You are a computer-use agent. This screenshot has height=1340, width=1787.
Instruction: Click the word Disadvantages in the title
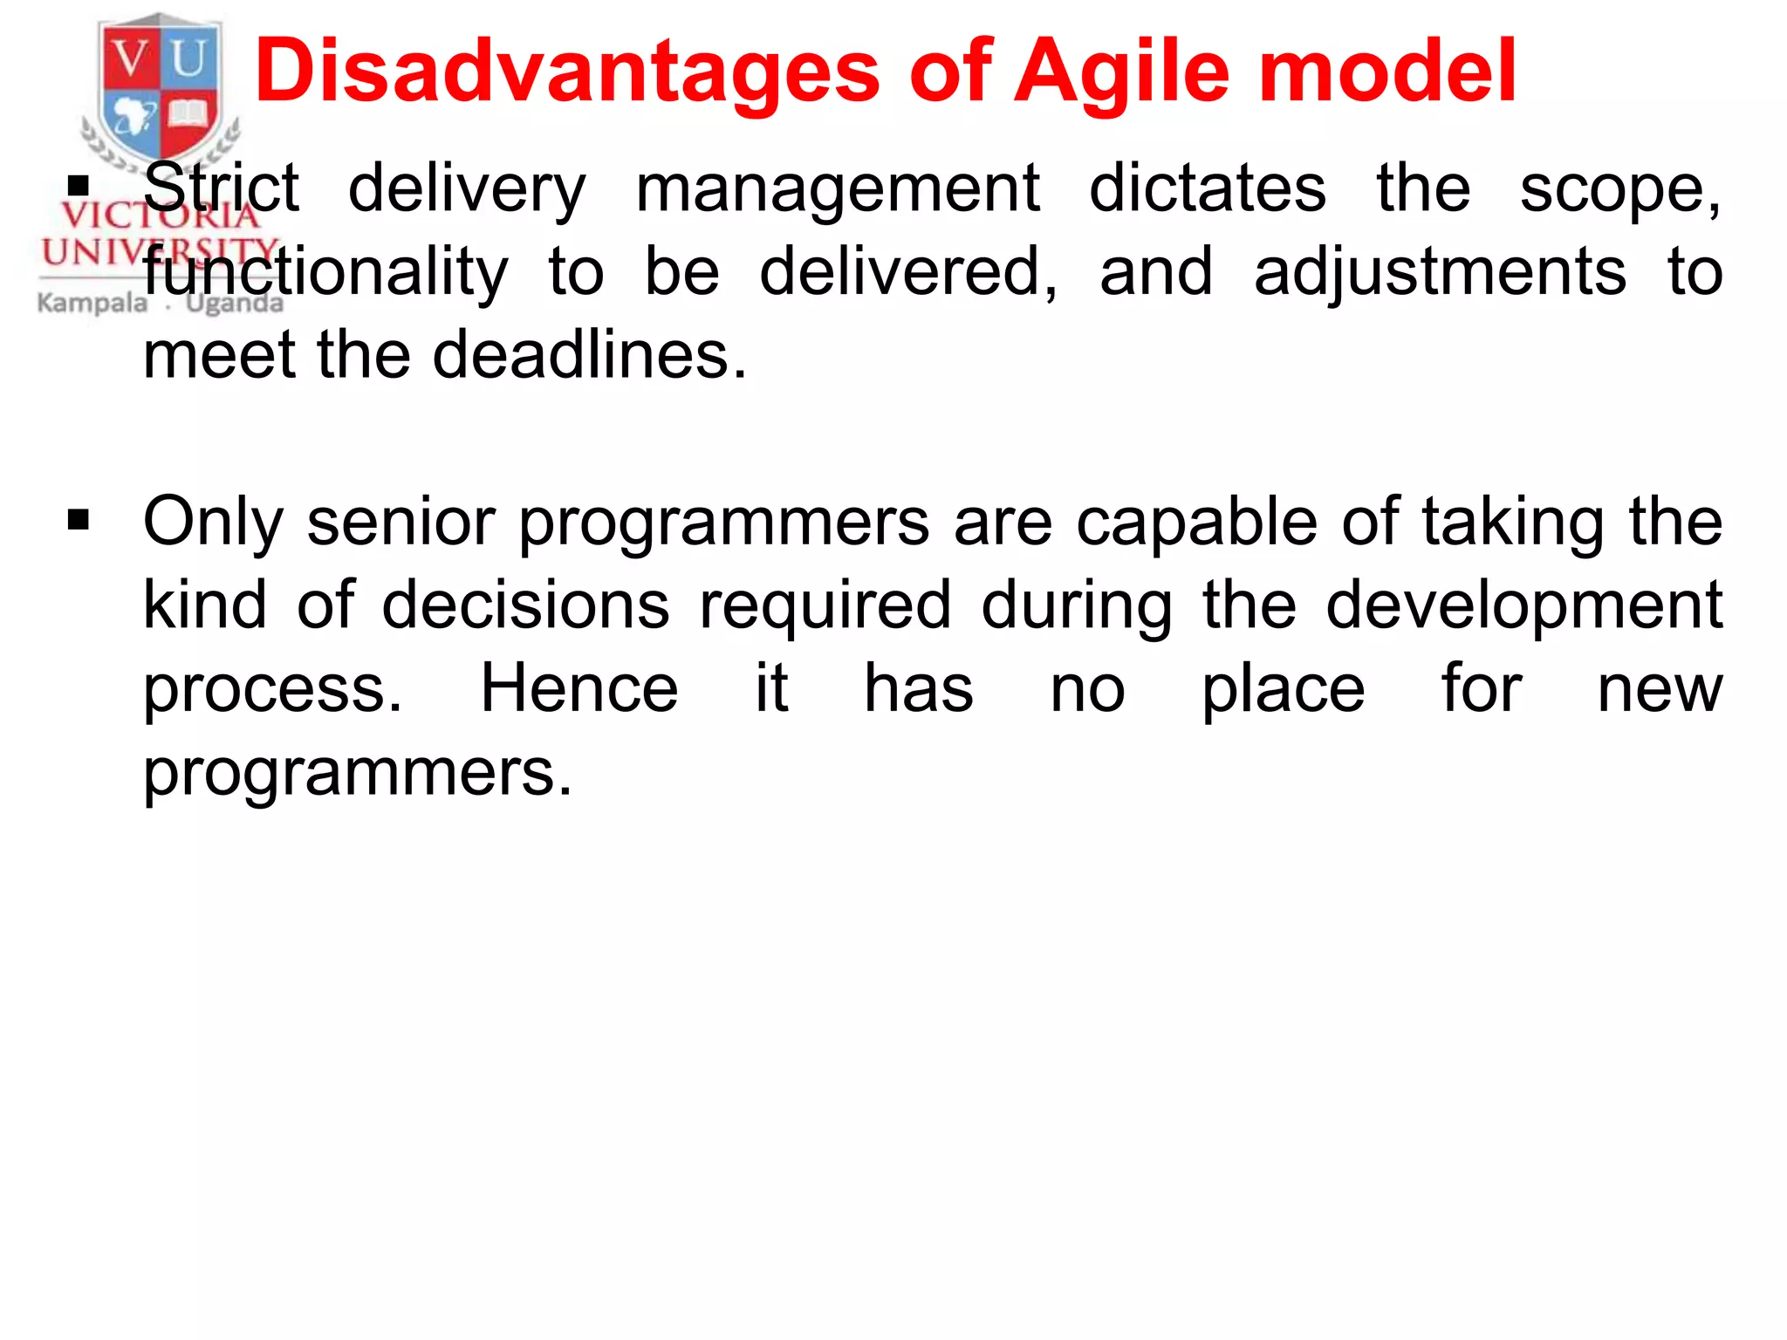pyautogui.click(x=567, y=72)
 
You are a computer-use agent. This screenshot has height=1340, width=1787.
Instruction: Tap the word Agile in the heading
pyautogui.click(x=1122, y=72)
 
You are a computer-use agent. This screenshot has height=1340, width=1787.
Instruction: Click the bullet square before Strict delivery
pyautogui.click(x=79, y=186)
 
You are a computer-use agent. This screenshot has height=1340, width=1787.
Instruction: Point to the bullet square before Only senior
pyautogui.click(x=79, y=521)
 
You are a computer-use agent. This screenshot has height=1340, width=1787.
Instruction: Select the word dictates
pyautogui.click(x=1208, y=188)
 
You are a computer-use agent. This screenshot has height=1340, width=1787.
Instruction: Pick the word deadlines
pyautogui.click(x=590, y=356)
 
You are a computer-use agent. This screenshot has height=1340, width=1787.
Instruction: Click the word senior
pyautogui.click(x=400, y=522)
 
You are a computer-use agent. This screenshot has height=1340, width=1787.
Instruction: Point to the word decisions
pyautogui.click(x=526, y=605)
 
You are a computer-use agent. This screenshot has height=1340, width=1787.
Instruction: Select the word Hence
pyautogui.click(x=579, y=689)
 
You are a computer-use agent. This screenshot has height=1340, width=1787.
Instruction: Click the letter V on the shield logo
pyautogui.click(x=132, y=59)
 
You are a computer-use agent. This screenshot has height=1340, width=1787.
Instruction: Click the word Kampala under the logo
pyautogui.click(x=92, y=304)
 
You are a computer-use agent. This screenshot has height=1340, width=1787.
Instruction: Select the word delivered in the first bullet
pyautogui.click(x=907, y=272)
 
